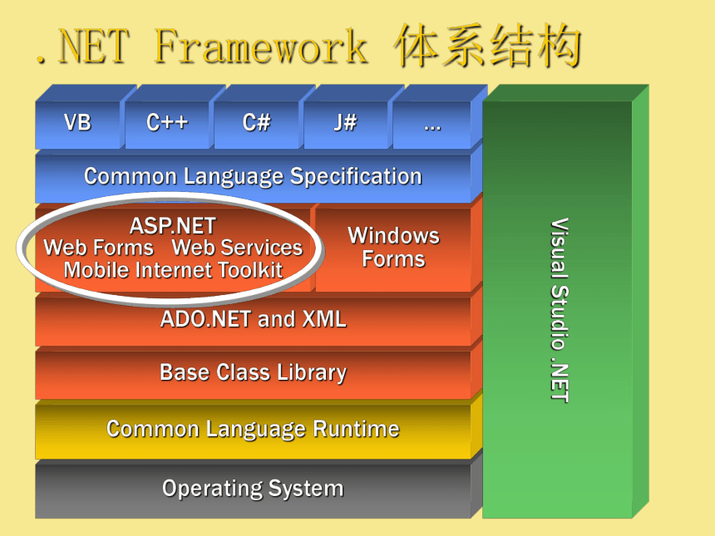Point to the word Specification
pyautogui.click(x=356, y=177)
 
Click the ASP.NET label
pyautogui.click(x=173, y=226)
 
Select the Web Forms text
pyautogui.click(x=98, y=248)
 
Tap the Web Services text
pyautogui.click(x=237, y=248)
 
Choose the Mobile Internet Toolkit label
pyautogui.click(x=173, y=270)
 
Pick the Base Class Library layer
pyautogui.click(x=253, y=374)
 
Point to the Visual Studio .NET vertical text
pyautogui.click(x=560, y=311)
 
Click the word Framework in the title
pyautogui.click(x=261, y=46)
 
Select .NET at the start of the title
pyautogui.click(x=82, y=46)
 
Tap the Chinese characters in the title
pyautogui.click(x=488, y=46)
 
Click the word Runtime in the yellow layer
pyautogui.click(x=356, y=429)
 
